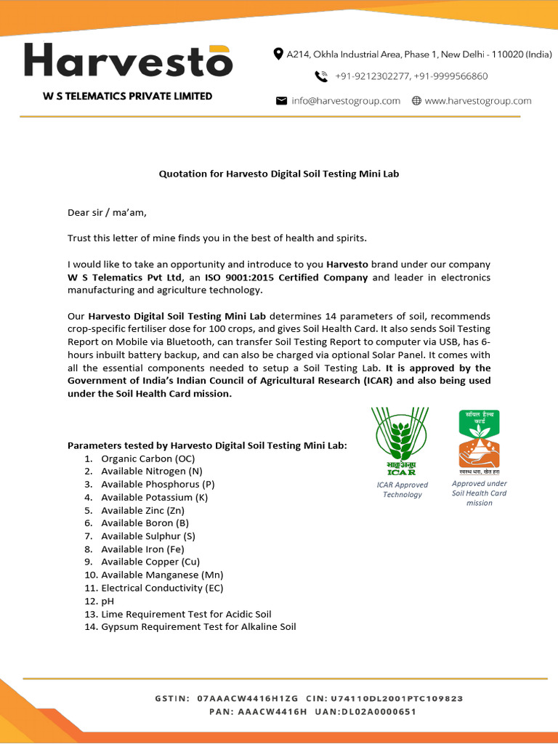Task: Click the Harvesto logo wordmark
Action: (x=128, y=61)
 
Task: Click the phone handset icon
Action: (x=320, y=76)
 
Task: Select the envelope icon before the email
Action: (x=281, y=101)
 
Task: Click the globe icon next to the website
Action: (x=416, y=101)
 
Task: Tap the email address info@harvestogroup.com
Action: (x=346, y=101)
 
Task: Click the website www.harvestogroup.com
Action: (x=477, y=101)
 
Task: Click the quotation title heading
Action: (x=279, y=174)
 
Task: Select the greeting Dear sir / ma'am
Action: (x=107, y=212)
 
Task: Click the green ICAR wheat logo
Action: (x=401, y=441)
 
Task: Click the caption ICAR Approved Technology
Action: (x=403, y=490)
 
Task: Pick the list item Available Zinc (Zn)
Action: (x=142, y=510)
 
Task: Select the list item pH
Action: (x=108, y=601)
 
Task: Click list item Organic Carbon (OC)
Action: (x=147, y=458)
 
